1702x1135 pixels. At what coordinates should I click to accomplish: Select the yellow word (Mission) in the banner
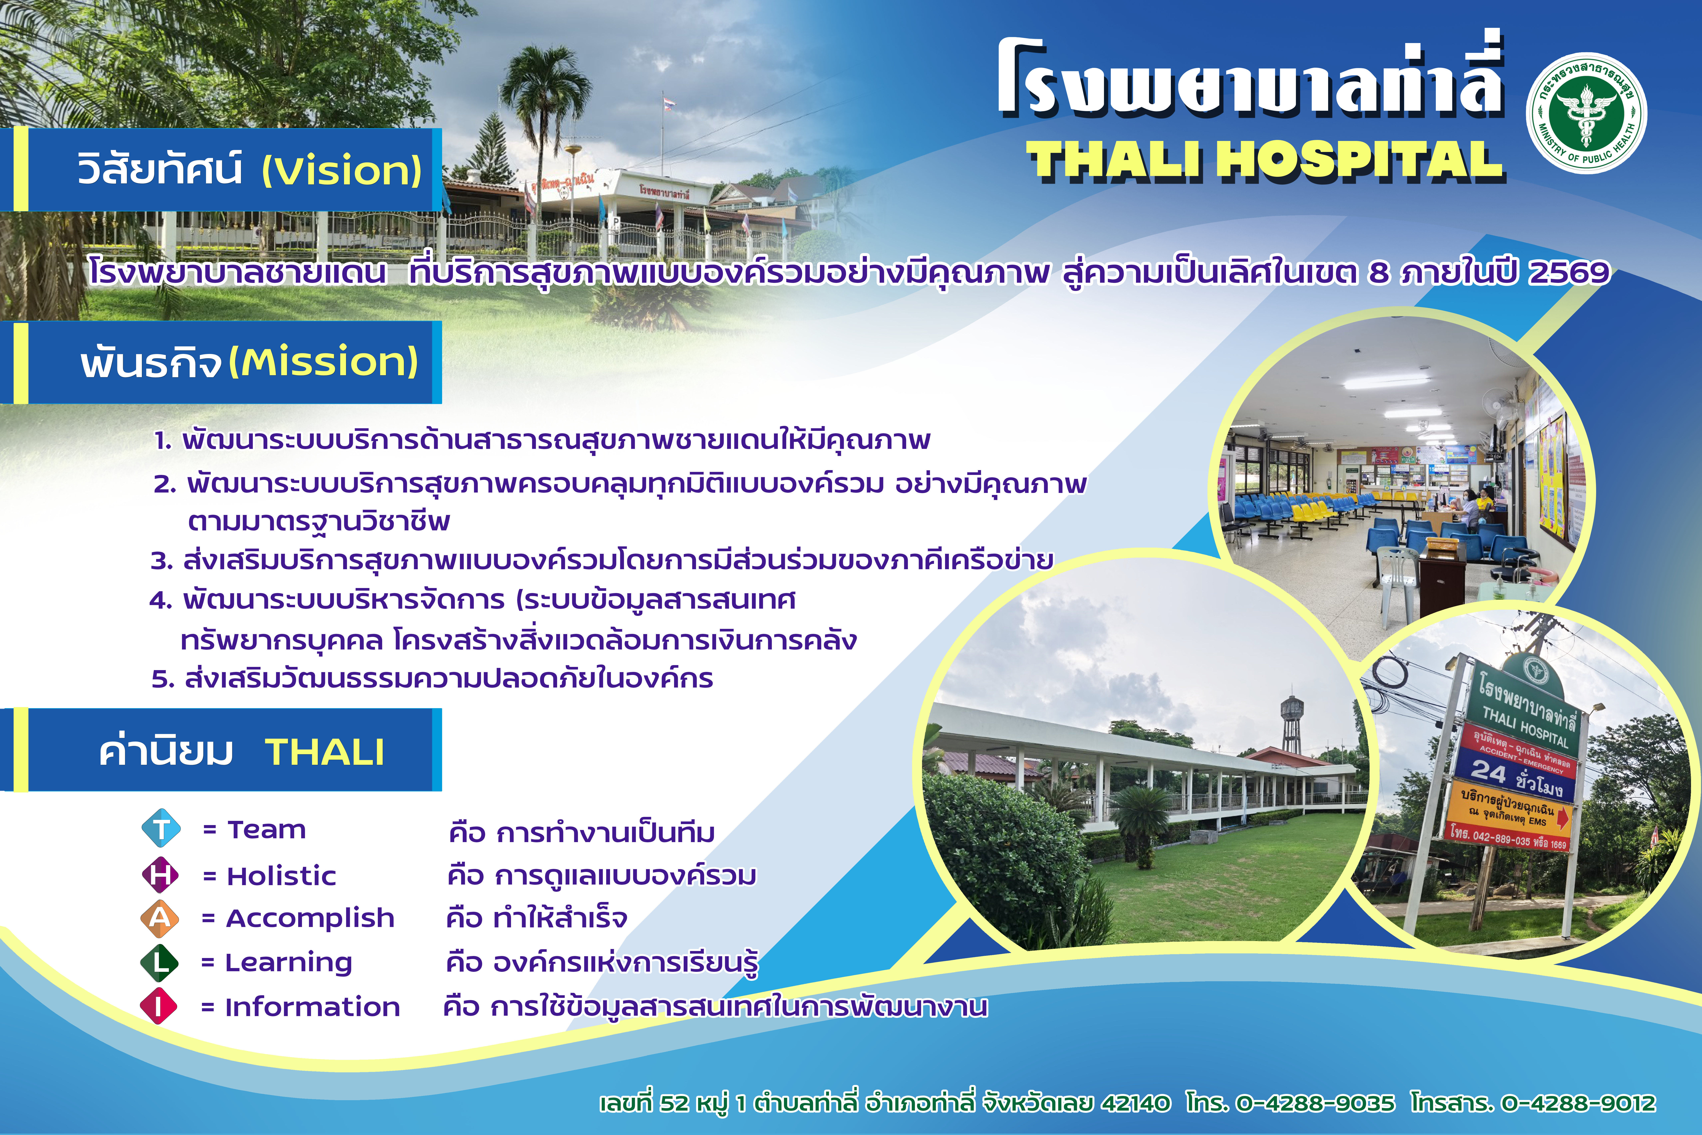tap(323, 362)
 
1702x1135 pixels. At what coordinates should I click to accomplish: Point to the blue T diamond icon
tap(161, 828)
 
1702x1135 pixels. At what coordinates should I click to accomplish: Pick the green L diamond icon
tap(159, 962)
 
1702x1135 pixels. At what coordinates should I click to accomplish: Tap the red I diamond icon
tap(159, 1006)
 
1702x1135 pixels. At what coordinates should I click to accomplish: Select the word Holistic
tap(281, 876)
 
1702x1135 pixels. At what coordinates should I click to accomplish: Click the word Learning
tap(289, 963)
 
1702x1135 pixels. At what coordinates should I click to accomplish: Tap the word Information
tap(313, 1007)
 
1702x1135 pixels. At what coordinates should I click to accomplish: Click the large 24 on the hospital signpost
tap(1488, 772)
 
